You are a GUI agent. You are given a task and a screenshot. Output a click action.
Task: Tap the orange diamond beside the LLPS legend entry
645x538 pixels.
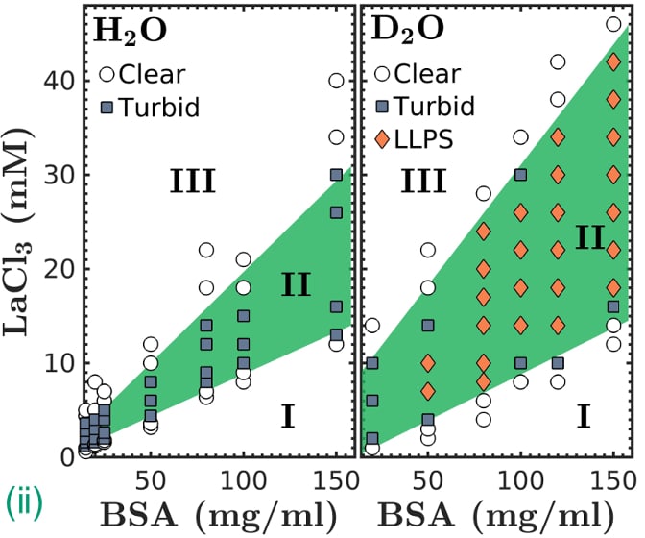[x=383, y=140]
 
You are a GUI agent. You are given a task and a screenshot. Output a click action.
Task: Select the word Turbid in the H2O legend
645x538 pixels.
[x=161, y=106]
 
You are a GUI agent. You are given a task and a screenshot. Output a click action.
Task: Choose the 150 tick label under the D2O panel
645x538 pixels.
[x=611, y=477]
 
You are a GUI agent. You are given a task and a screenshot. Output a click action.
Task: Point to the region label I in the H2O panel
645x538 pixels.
[x=286, y=416]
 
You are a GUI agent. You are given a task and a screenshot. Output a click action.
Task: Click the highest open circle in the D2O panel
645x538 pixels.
[x=613, y=24]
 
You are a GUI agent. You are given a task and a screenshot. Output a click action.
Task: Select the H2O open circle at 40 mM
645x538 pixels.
[x=336, y=81]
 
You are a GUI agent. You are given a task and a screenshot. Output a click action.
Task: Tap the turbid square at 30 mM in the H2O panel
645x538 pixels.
[x=336, y=175]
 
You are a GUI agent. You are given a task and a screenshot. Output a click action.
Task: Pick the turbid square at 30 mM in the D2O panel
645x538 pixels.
[x=521, y=175]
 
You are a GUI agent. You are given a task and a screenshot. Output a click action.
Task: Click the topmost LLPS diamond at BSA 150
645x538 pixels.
[x=613, y=61]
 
